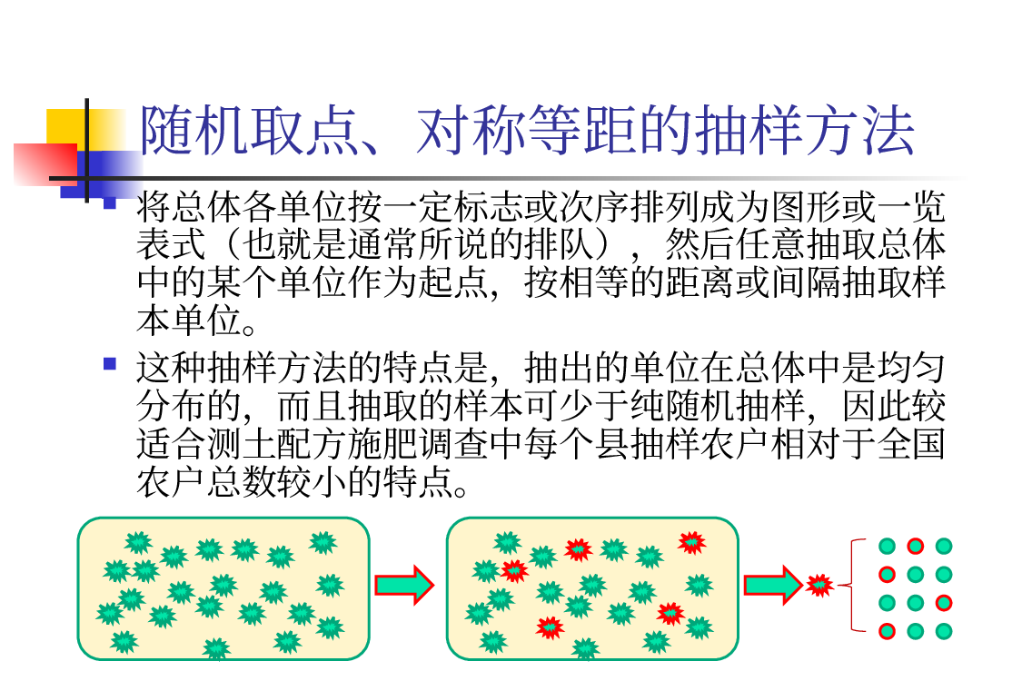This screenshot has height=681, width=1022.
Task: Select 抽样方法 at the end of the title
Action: [804, 131]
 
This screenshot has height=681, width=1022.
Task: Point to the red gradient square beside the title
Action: [45, 164]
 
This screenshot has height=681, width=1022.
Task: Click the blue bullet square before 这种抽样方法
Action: [110, 363]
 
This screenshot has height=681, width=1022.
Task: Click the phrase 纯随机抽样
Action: [719, 405]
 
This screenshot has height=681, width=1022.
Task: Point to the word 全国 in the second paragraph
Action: [911, 444]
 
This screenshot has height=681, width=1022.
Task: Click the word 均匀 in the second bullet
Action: [911, 368]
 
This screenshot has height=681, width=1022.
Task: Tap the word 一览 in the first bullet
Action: [911, 207]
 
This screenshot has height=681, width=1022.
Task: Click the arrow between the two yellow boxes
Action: [404, 585]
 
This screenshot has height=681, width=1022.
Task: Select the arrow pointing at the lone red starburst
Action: [773, 585]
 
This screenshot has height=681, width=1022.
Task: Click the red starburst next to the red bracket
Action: [819, 585]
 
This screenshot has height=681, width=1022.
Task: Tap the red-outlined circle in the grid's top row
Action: [915, 546]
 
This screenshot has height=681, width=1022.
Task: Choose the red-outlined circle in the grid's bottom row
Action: [887, 631]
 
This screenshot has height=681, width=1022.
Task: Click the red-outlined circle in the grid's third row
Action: [944, 603]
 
